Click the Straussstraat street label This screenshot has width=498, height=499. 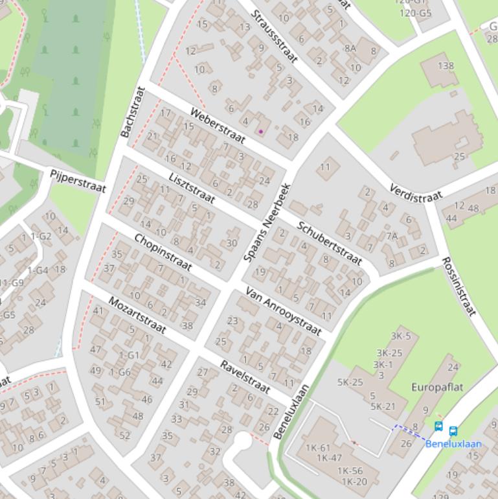coord(274,37)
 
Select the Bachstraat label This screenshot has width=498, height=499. coord(130,111)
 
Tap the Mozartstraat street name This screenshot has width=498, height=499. coord(137,315)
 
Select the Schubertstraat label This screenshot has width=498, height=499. coord(329,243)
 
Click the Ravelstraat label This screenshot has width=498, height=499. coord(244,377)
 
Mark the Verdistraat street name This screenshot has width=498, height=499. coord(416,192)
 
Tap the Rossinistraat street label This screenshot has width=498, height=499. coord(458,286)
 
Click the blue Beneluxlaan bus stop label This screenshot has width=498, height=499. coord(453,444)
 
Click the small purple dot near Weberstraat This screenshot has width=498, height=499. coord(261,132)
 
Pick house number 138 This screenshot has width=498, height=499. coord(446,65)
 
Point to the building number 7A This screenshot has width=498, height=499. coord(392,236)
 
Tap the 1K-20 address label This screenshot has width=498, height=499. coord(354,481)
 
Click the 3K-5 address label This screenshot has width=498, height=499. coord(401,336)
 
